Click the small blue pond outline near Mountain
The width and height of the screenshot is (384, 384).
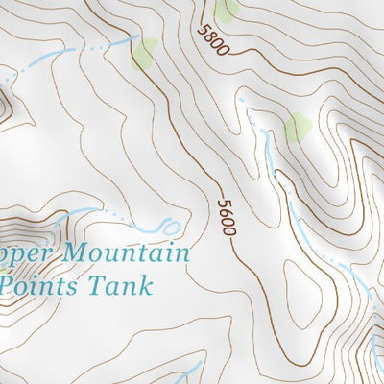(171, 228)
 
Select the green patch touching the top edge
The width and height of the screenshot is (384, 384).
(227, 10)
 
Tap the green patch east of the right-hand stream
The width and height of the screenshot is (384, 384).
(298, 126)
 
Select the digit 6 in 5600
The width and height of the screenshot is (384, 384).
(227, 213)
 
